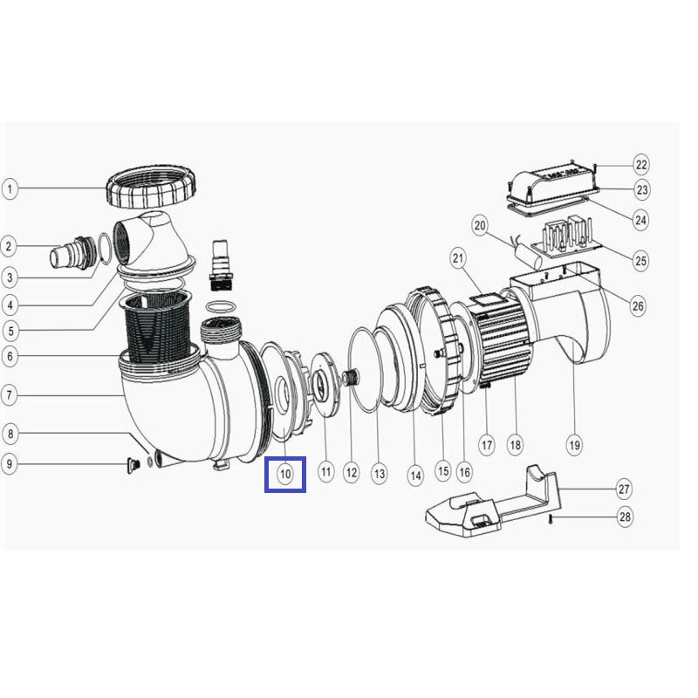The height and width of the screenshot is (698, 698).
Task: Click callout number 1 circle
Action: pos(10,188)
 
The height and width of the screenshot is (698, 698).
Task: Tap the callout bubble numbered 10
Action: pos(285,474)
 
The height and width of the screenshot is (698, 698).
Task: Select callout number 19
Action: pos(574,445)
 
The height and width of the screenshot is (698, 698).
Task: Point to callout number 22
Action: pos(641,165)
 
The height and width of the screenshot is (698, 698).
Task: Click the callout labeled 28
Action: pos(625,517)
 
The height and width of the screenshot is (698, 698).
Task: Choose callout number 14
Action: pos(415,476)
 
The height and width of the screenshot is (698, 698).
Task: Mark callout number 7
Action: pos(10,395)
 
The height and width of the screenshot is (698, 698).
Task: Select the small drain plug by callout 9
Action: pos(133,465)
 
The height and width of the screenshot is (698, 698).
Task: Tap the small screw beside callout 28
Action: pos(551,518)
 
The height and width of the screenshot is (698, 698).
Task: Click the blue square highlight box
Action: pos(285,475)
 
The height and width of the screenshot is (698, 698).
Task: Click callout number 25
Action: pos(640,260)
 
